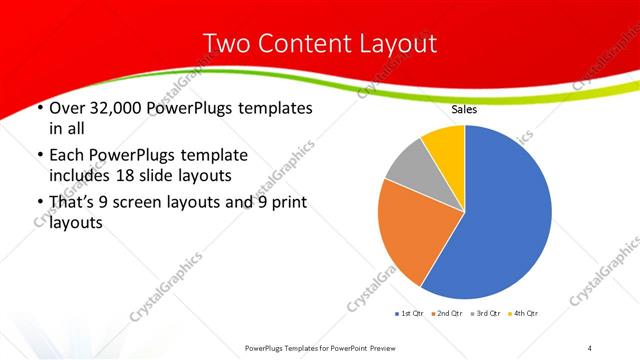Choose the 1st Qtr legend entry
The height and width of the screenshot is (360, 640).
[410, 314]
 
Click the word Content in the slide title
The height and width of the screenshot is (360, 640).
[319, 43]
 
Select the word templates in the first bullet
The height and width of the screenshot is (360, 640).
[272, 108]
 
